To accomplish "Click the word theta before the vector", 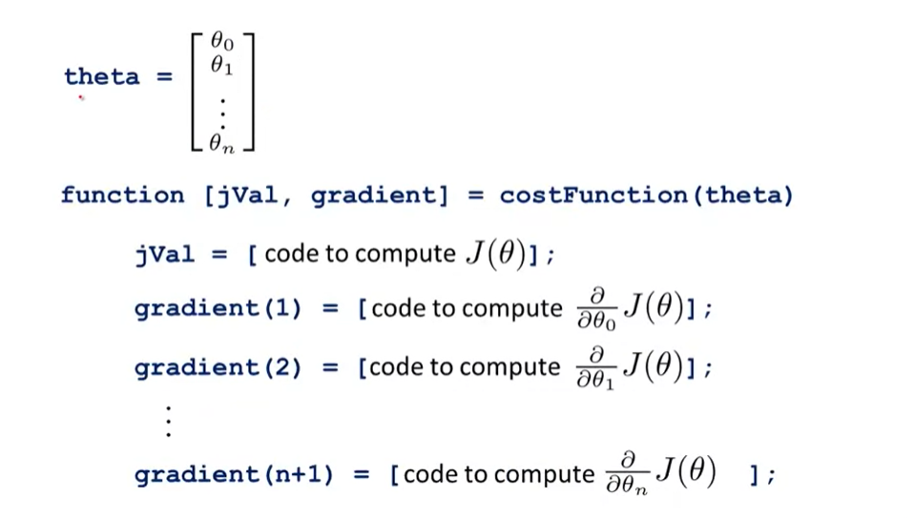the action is [x=101, y=76].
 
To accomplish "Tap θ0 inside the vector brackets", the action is [x=221, y=43].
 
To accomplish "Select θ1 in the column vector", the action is [x=221, y=67].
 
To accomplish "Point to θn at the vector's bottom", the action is [x=221, y=145].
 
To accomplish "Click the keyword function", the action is [x=122, y=196].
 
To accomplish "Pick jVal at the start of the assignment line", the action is [x=164, y=255].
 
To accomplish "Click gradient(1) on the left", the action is [x=217, y=309].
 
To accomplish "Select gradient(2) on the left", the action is [x=217, y=367].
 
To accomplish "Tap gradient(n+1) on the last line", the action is [x=234, y=475].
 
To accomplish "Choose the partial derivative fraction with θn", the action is [x=627, y=473].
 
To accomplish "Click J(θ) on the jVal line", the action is [x=494, y=255].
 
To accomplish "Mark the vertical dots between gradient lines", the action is [x=168, y=421].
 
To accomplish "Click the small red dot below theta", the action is [x=81, y=97].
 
